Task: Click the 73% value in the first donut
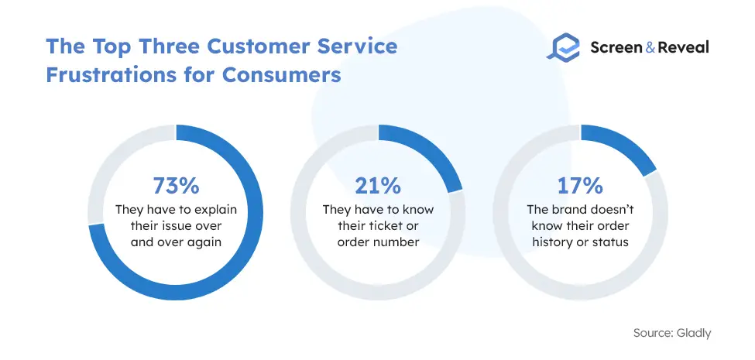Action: pos(176,187)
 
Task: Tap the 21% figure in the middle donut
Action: pos(378,187)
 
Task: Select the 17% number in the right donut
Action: pos(580,187)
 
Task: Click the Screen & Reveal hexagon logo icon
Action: pos(563,47)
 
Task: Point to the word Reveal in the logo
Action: pos(684,47)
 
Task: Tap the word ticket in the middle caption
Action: pos(382,226)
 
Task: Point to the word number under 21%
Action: pos(396,242)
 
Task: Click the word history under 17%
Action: pos(551,242)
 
